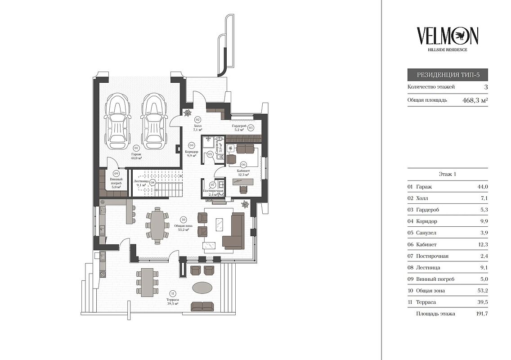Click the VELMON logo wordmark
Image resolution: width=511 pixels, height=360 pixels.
tap(447, 36)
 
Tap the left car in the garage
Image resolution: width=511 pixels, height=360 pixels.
tap(117, 121)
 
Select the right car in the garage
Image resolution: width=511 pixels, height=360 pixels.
tap(154, 121)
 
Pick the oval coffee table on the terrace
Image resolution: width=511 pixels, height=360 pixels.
tap(202, 288)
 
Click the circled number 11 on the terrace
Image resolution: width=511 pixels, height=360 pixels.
tap(173, 293)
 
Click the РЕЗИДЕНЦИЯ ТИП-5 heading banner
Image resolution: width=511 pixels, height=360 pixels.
tap(447, 75)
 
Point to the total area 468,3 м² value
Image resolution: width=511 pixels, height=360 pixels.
tap(475, 100)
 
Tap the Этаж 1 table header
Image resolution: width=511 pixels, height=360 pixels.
tap(447, 174)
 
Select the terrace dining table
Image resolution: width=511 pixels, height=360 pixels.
tap(148, 282)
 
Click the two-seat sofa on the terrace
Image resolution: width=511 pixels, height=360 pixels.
tap(202, 306)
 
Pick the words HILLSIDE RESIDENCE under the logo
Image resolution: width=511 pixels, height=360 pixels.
tap(447, 49)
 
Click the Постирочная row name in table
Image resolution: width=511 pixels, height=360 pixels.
tap(432, 256)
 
